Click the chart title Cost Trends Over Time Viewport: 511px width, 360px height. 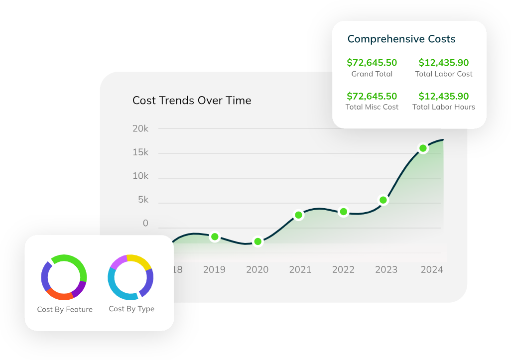tap(192, 101)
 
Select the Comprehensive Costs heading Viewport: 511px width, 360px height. tap(401, 39)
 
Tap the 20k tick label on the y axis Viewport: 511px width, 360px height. tap(140, 128)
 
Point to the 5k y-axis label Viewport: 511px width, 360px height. tap(143, 200)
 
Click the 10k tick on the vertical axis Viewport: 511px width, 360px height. tap(140, 176)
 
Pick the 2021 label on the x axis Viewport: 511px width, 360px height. tap(300, 269)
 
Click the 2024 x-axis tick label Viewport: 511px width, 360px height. tap(432, 269)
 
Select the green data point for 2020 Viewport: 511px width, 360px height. tap(257, 241)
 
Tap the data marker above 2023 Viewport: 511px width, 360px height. tap(383, 200)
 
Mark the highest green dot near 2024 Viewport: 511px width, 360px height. tap(423, 148)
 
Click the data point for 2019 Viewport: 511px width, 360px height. tap(215, 237)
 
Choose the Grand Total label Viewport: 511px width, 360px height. tap(372, 74)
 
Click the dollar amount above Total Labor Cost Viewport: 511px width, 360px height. tap(444, 63)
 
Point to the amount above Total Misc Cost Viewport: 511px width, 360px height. tap(372, 96)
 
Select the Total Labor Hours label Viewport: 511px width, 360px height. tap(444, 107)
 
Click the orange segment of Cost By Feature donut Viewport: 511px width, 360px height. tap(59, 294)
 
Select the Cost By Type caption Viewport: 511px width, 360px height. tap(131, 309)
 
